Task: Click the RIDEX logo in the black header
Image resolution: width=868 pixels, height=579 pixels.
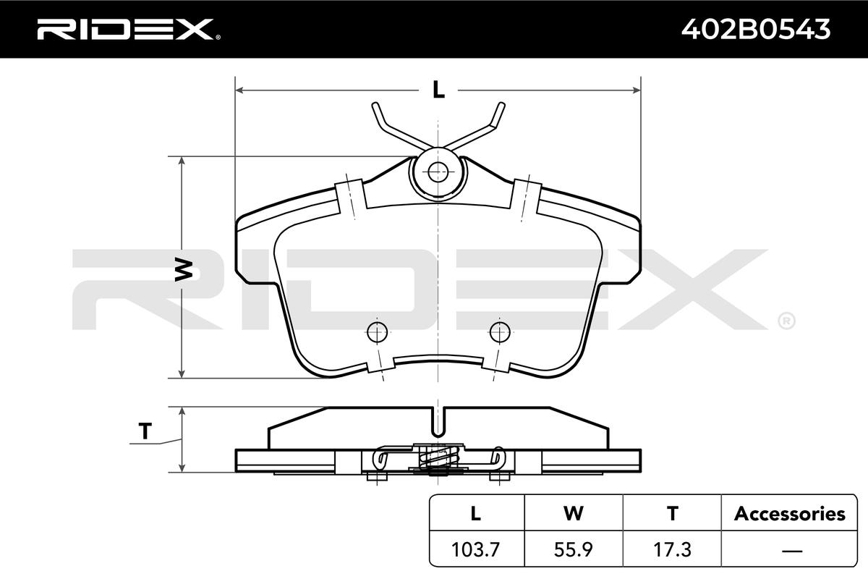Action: point(128,30)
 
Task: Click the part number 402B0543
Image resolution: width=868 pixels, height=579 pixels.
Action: point(756,29)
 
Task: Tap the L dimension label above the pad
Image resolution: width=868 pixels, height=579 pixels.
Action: point(438,90)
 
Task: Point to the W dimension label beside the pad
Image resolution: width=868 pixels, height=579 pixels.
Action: point(184,270)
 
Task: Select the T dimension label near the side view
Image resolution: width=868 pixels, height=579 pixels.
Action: point(145,431)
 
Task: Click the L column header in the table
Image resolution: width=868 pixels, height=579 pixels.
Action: point(475,513)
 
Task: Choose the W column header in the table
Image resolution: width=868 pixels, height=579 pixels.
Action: point(574,513)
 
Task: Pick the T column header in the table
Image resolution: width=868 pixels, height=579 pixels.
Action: point(673,513)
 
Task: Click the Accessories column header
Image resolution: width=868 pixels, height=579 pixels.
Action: point(789,514)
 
